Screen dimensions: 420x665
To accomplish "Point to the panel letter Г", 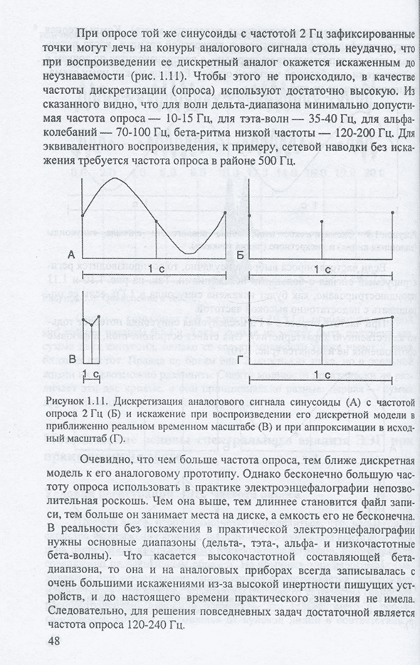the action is (x=241, y=361).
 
